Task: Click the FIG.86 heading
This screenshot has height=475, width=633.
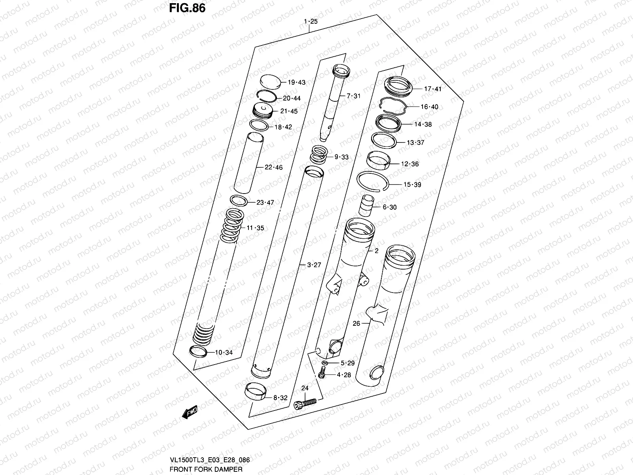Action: pos(187,8)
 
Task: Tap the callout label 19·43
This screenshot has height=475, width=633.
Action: pos(296,83)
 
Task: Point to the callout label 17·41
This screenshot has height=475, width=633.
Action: pos(432,89)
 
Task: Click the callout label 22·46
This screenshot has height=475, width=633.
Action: pos(273,167)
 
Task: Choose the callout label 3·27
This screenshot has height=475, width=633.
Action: pos(314,265)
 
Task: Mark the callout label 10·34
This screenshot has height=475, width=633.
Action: pos(224,353)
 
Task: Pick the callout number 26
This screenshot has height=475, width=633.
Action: pos(356,323)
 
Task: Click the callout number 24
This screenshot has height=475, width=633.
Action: pos(305,388)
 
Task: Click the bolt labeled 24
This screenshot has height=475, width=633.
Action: pos(305,403)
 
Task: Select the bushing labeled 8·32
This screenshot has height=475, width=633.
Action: pos(255,392)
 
